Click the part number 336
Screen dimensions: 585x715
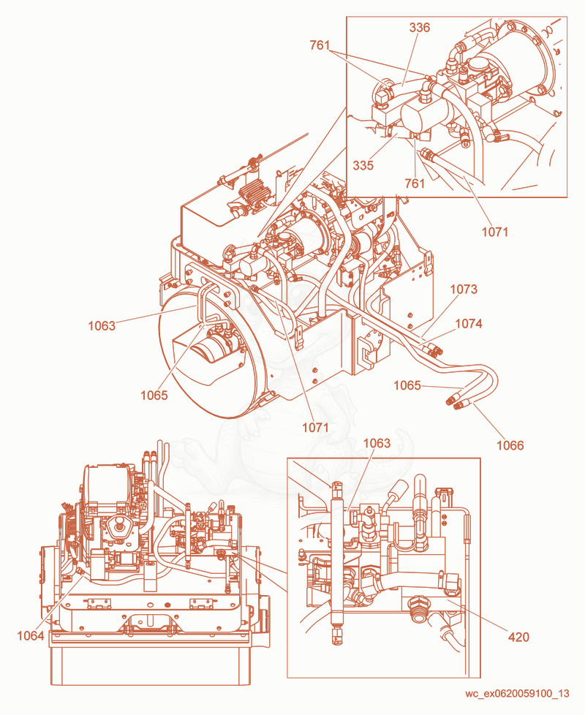[x=420, y=28]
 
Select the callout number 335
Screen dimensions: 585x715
[x=363, y=165]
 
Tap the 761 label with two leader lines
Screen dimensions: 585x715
[x=320, y=45]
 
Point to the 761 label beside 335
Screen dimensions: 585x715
[x=415, y=184]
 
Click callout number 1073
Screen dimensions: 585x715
[x=464, y=289]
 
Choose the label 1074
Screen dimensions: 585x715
[x=469, y=323]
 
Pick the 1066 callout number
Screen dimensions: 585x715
[x=510, y=445]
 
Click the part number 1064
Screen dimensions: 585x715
[x=31, y=635]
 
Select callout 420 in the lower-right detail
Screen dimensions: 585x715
[x=519, y=637]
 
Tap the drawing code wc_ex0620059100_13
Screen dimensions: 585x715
[x=517, y=694]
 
